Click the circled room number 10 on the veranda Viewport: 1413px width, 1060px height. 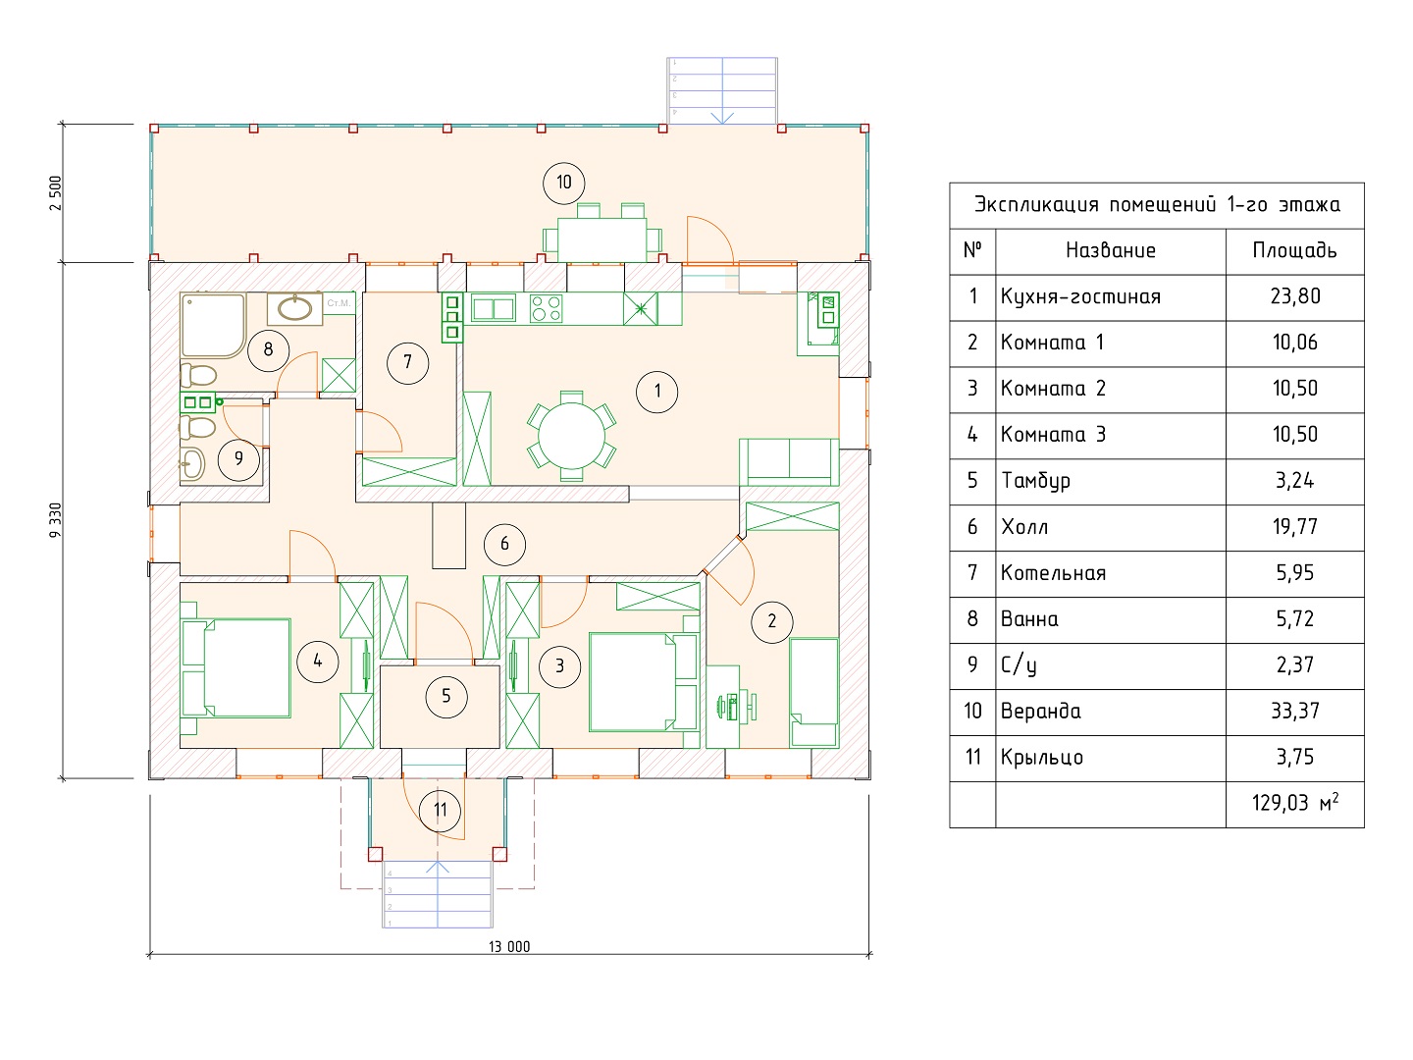563,183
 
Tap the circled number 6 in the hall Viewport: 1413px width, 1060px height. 504,545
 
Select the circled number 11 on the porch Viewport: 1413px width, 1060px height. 440,811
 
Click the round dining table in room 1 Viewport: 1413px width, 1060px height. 571,436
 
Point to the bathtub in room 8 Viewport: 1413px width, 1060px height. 213,325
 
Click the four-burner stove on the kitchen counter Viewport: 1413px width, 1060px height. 546,308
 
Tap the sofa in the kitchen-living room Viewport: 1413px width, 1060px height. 789,461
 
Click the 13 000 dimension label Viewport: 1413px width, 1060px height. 509,947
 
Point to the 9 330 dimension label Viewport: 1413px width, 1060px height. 55,520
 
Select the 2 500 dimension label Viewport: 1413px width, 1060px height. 55,193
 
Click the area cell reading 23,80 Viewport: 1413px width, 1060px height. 1295,296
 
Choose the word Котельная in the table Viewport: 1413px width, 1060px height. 1053,573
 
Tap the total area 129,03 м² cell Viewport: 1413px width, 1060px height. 1295,803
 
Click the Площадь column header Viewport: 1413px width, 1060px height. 1294,250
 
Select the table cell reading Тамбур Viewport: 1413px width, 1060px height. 1036,481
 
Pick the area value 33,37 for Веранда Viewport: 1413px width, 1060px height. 1295,712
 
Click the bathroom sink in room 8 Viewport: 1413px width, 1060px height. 294,308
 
